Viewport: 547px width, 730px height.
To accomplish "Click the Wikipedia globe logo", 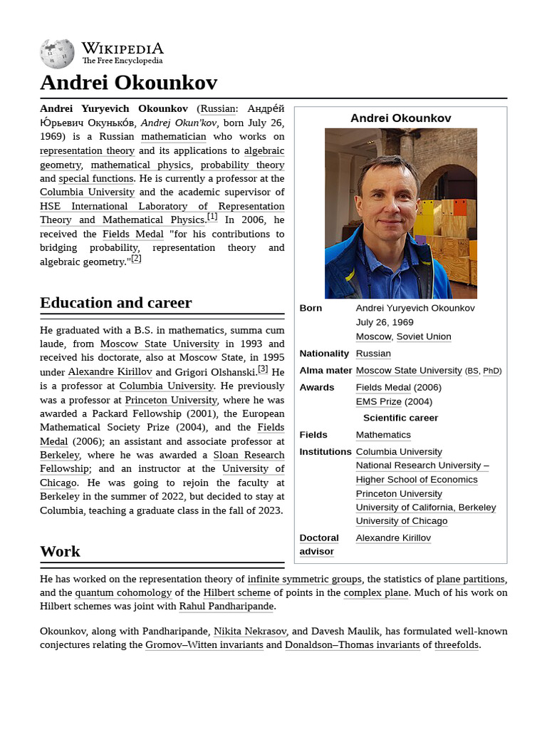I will pyautogui.click(x=57, y=53).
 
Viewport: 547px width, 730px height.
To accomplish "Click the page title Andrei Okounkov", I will pyautogui.click(x=128, y=83).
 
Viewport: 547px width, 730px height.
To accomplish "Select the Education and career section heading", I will pyautogui.click(x=115, y=303).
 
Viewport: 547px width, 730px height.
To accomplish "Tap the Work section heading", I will pyautogui.click(x=60, y=551).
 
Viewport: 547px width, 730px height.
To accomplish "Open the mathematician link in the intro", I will pyautogui.click(x=173, y=137).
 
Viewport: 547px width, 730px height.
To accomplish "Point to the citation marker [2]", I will pyautogui.click(x=136, y=259).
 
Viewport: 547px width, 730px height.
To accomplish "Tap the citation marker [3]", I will pyautogui.click(x=263, y=369).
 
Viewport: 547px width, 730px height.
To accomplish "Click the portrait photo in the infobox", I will pyautogui.click(x=400, y=213).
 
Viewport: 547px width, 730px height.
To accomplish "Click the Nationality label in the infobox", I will pyautogui.click(x=324, y=354).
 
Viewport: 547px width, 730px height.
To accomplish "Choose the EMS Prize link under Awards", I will pyautogui.click(x=379, y=401).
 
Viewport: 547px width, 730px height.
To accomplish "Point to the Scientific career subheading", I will pyautogui.click(x=400, y=418).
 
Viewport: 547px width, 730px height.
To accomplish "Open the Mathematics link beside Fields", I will pyautogui.click(x=383, y=435).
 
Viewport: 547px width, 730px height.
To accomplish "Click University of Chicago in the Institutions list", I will pyautogui.click(x=402, y=521).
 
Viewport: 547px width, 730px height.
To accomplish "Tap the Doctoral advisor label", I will pyautogui.click(x=319, y=545).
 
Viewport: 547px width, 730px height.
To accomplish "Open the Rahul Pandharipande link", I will pyautogui.click(x=226, y=607).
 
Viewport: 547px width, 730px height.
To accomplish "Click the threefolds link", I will pyautogui.click(x=457, y=645).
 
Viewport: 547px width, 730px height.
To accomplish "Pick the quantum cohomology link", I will pyautogui.click(x=123, y=592).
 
